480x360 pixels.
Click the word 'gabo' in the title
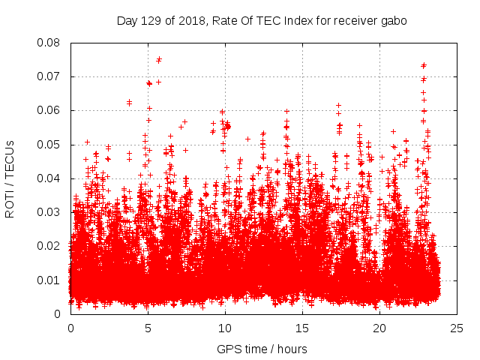[x=394, y=21]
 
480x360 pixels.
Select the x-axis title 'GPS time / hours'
[x=262, y=349]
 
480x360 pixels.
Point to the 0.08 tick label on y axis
[x=49, y=43]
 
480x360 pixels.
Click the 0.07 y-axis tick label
[x=49, y=76]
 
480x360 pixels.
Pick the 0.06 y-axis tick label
[x=49, y=110]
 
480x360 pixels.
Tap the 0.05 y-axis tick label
[x=49, y=145]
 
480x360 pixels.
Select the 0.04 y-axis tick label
[x=49, y=178]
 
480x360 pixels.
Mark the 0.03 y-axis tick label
[x=49, y=212]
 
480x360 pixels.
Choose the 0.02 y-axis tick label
[x=49, y=246]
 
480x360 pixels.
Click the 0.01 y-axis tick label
[x=49, y=280]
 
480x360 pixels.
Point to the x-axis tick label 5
[x=148, y=328]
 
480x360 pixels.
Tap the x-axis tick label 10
[x=225, y=328]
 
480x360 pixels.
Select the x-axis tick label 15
[x=302, y=328]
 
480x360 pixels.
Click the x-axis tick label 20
[x=379, y=328]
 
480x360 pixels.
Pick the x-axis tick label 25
[x=457, y=328]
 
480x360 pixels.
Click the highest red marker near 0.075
[x=159, y=59]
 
